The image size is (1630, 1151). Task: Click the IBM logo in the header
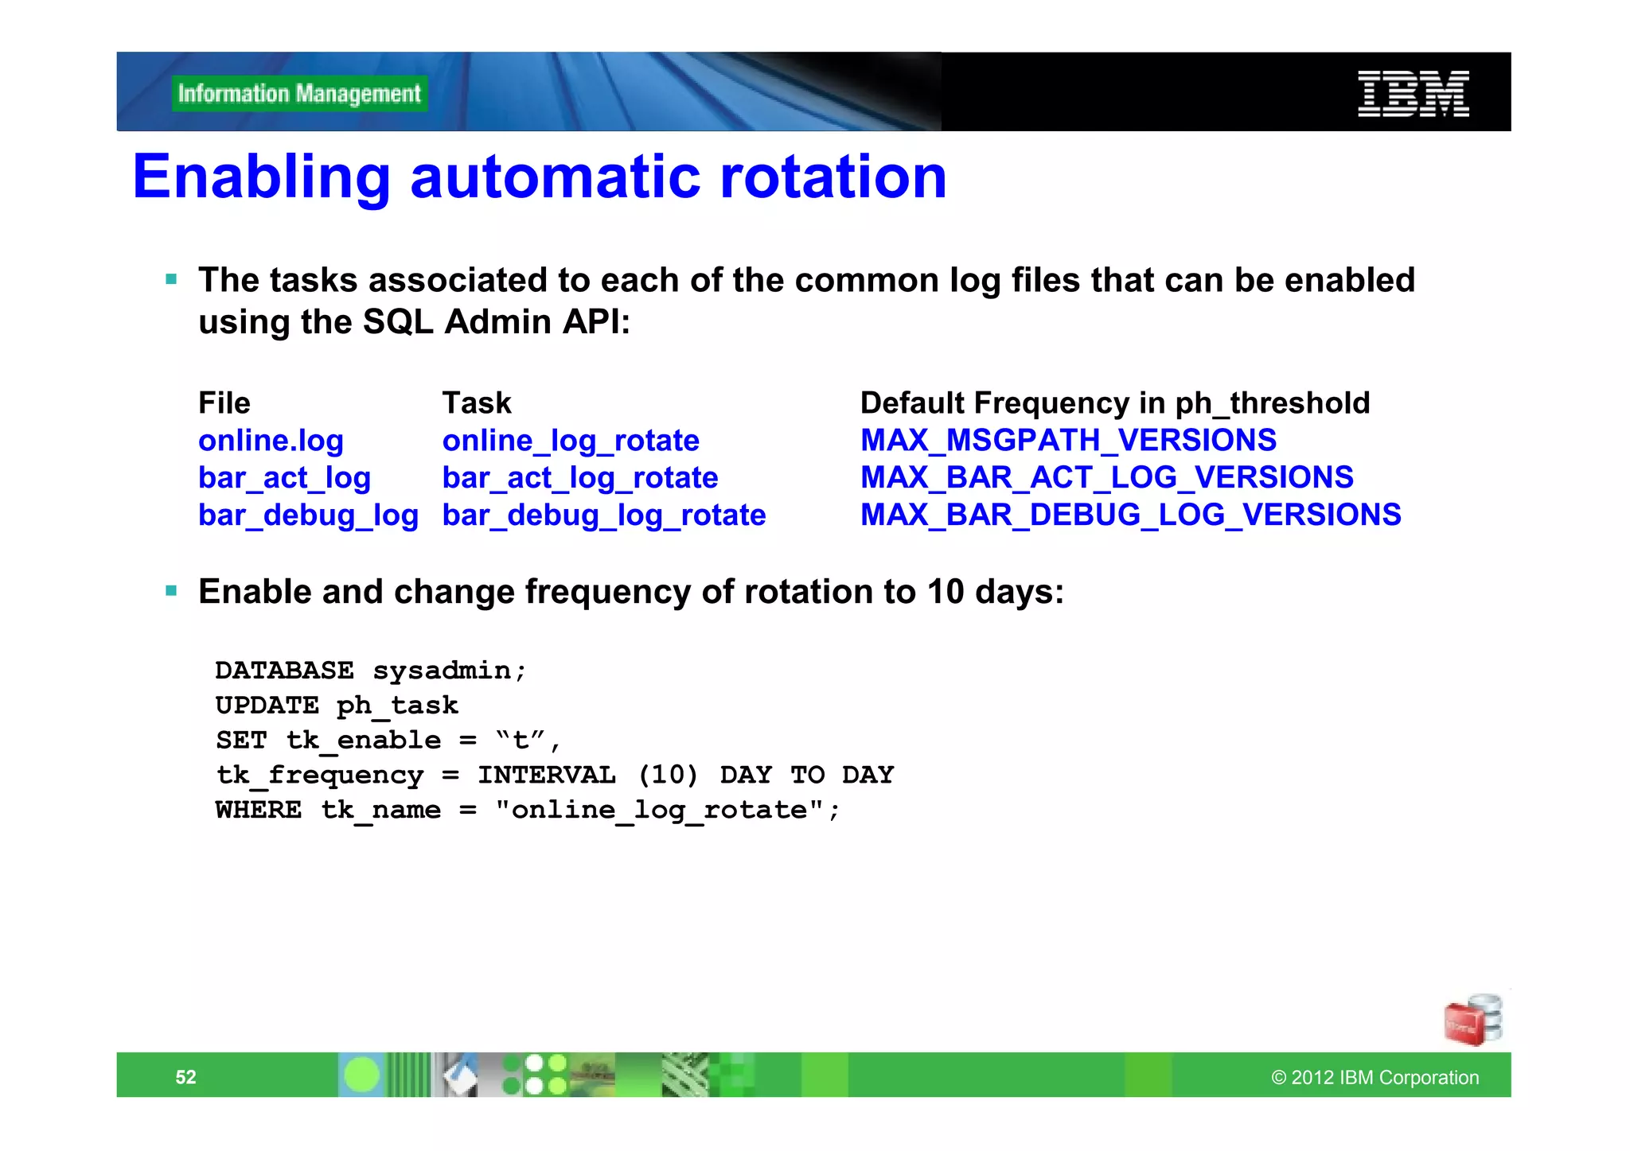[x=1413, y=94]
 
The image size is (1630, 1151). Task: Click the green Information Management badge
[x=299, y=94]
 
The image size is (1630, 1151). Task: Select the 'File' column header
[x=224, y=403]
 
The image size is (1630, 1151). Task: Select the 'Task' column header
[x=477, y=403]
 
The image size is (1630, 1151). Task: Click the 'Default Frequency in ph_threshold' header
[x=1115, y=403]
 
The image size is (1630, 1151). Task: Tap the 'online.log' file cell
[x=271, y=441]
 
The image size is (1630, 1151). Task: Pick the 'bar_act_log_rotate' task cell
[x=580, y=478]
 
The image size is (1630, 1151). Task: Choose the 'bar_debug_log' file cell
[x=308, y=515]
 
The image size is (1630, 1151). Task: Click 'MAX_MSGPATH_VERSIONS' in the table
[x=1068, y=441]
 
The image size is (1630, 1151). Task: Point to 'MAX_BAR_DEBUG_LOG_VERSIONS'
[x=1130, y=515]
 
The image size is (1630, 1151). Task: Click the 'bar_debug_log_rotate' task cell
[x=604, y=515]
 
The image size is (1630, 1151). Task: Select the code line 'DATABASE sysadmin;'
[x=371, y=671]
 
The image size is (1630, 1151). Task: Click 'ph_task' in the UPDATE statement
[x=397, y=706]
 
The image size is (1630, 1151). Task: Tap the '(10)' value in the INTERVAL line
[x=668, y=775]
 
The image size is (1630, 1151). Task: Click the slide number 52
[x=185, y=1077]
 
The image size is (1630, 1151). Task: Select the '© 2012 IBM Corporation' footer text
[x=1375, y=1077]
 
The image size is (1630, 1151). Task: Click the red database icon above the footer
[x=1472, y=1021]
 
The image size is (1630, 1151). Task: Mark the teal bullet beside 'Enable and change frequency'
[x=171, y=591]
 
